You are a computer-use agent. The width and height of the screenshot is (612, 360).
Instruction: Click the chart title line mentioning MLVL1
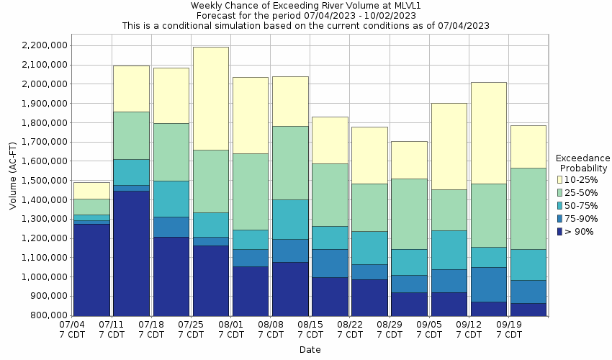[x=305, y=6]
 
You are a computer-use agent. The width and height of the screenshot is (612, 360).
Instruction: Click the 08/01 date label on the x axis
[x=230, y=325]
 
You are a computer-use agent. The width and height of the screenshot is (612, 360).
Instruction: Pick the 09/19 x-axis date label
[x=508, y=325]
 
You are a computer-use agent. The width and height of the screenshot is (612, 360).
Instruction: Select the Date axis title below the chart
[x=310, y=350]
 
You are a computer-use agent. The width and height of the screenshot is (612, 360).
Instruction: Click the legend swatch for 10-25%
[x=559, y=179]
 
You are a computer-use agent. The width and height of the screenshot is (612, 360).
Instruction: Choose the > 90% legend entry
[x=580, y=231]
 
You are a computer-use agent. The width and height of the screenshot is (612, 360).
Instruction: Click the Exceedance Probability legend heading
[x=582, y=163]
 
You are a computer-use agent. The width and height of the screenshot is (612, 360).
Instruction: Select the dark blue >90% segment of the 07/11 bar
[x=131, y=253]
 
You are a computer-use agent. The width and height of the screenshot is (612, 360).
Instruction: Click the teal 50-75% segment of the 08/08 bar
[x=290, y=219]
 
